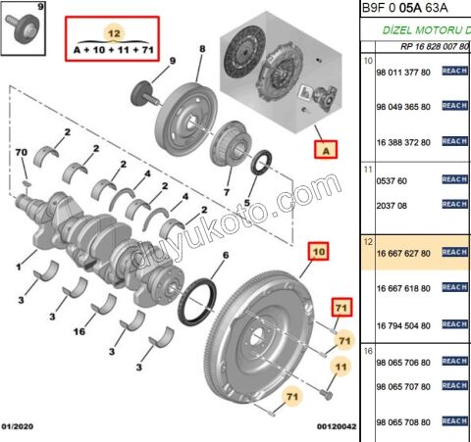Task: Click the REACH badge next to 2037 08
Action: tap(454, 204)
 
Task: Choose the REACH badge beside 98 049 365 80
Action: tap(454, 106)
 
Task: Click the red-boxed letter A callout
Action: tap(324, 150)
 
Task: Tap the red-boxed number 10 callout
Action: tap(318, 252)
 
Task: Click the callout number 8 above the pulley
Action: tap(202, 49)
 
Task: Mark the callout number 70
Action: tap(21, 153)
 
